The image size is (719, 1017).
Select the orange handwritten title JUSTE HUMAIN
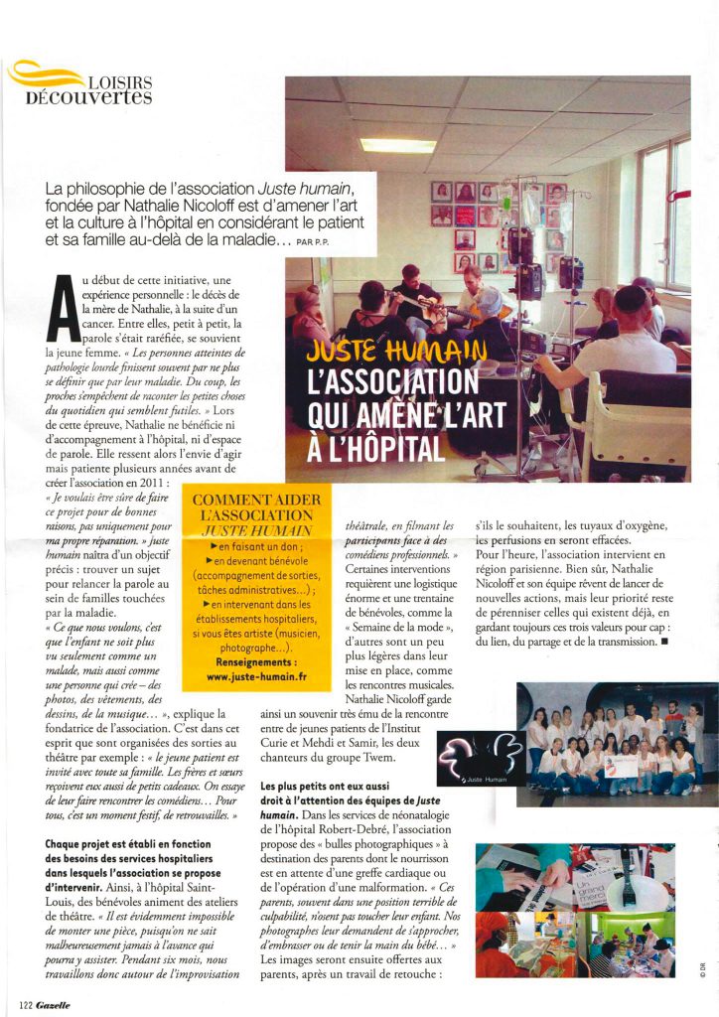pyautogui.click(x=397, y=350)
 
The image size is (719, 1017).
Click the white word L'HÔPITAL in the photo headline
pyautogui.click(x=377, y=447)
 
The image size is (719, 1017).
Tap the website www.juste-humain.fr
pyautogui.click(x=256, y=676)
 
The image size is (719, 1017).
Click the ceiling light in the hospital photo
pyautogui.click(x=397, y=145)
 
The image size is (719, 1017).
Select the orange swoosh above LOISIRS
pyautogui.click(x=45, y=74)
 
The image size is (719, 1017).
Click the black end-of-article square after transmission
pyautogui.click(x=663, y=642)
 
